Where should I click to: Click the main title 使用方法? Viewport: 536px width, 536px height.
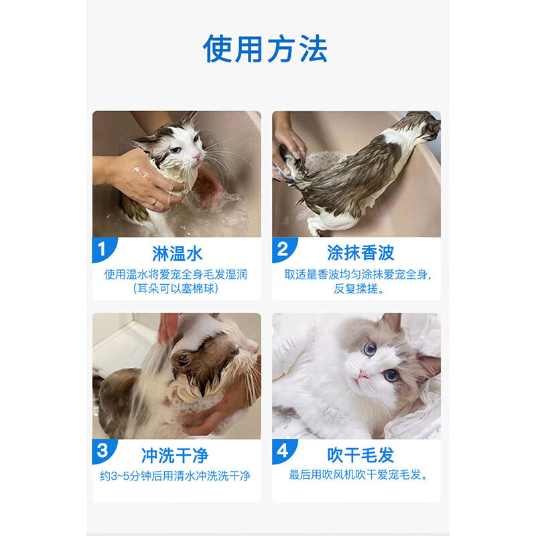(x=265, y=49)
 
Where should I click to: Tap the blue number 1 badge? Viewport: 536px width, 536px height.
(x=103, y=249)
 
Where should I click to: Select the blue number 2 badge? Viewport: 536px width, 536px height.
(x=283, y=249)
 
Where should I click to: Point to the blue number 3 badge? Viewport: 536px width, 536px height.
(x=103, y=451)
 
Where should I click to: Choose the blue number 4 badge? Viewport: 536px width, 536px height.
(x=283, y=451)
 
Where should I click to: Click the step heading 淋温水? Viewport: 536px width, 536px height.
(x=177, y=253)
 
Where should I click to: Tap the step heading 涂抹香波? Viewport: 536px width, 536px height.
(x=360, y=253)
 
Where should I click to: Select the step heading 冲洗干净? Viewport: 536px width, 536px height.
(x=175, y=455)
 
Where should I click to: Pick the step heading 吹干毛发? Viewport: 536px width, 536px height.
(x=360, y=455)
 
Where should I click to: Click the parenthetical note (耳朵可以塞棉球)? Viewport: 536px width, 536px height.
(x=176, y=289)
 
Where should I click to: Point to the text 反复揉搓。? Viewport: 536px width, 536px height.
(x=359, y=289)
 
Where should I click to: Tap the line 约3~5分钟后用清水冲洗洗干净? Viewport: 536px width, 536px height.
(x=175, y=476)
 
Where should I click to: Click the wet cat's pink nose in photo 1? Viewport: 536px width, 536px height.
(x=196, y=156)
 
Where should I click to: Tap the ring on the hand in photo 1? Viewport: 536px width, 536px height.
(x=155, y=202)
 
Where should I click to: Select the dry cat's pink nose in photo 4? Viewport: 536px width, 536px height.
(x=362, y=375)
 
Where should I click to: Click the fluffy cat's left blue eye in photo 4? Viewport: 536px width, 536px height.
(x=371, y=349)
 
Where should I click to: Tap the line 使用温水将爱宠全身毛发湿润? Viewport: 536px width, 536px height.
(x=176, y=274)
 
